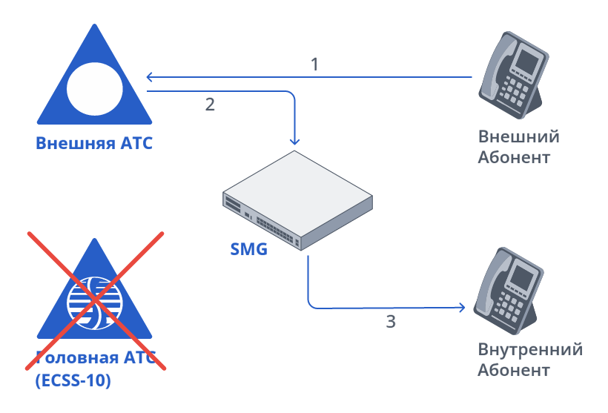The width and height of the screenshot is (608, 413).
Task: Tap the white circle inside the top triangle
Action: tap(94, 87)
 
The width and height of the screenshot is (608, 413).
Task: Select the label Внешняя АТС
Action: tap(94, 143)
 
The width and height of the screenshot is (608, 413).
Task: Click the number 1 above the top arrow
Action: tap(314, 65)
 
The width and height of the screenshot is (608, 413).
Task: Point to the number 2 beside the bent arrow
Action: tap(210, 105)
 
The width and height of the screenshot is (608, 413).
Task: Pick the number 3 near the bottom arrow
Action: tap(391, 322)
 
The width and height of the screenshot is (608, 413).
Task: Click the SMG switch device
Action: tap(298, 199)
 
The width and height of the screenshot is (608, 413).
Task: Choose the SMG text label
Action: tap(248, 249)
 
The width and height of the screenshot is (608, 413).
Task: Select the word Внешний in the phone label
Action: tap(518, 137)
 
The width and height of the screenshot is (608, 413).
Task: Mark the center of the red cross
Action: tap(95, 300)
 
